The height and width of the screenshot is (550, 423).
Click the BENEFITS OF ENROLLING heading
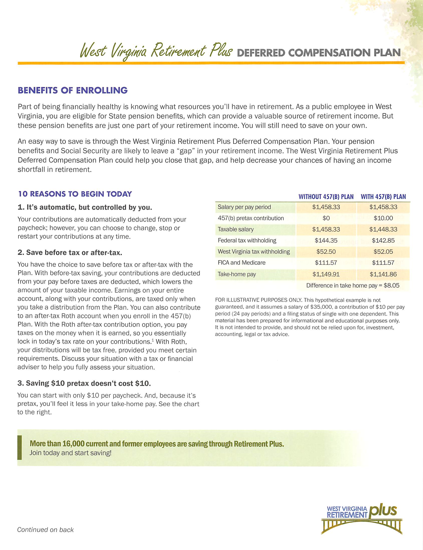tap(72, 90)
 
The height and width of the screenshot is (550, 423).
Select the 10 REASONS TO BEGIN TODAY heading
tap(75, 194)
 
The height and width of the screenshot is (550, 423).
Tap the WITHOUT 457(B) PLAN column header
tap(326, 197)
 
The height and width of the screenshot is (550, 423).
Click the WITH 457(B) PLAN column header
tap(383, 197)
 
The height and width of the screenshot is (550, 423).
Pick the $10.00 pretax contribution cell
tap(383, 218)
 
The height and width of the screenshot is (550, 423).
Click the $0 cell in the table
tap(326, 218)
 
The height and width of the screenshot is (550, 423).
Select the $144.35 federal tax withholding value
tap(326, 240)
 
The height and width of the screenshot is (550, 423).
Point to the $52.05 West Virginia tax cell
tap(383, 252)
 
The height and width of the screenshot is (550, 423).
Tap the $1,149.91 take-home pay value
tap(326, 274)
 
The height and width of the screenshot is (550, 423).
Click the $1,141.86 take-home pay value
tap(383, 274)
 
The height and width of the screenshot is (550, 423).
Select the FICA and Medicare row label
tap(241, 263)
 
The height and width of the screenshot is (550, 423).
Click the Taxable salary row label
tap(235, 229)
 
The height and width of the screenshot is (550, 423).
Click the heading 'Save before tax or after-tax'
tap(70, 253)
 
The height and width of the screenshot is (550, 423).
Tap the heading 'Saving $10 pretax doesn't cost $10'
tap(84, 383)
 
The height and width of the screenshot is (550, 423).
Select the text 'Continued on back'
tap(45, 530)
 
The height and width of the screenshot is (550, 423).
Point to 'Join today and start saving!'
tap(70, 453)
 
